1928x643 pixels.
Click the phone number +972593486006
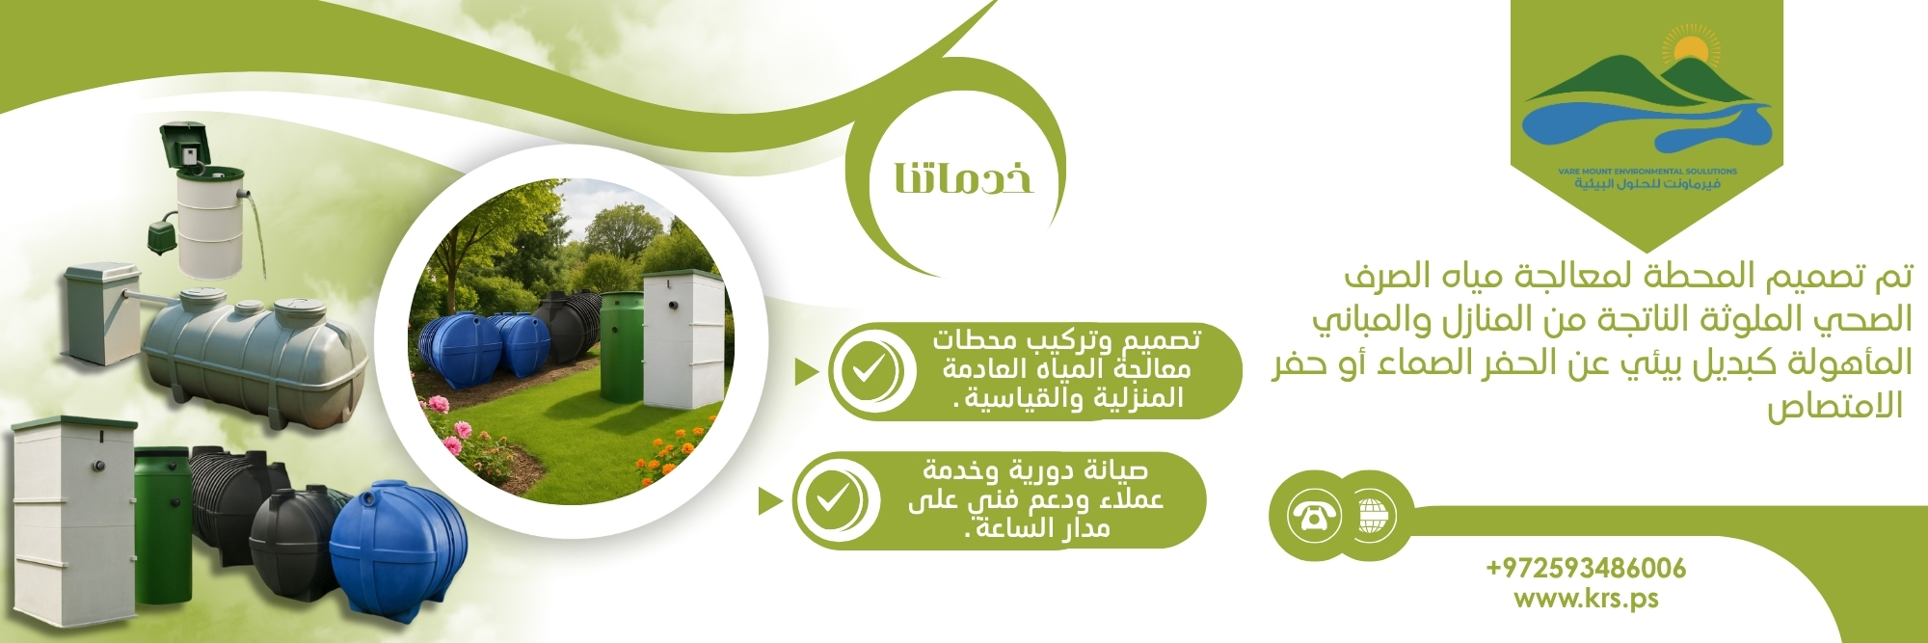pyautogui.click(x=1586, y=568)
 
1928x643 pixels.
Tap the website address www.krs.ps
pyautogui.click(x=1586, y=599)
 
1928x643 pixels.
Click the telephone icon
pyautogui.click(x=1314, y=516)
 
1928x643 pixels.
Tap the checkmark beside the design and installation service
pyautogui.click(x=867, y=371)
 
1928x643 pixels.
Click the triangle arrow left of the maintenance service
pyautogui.click(x=769, y=501)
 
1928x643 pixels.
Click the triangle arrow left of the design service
pyautogui.click(x=807, y=372)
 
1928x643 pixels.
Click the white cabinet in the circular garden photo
pyautogui.click(x=682, y=338)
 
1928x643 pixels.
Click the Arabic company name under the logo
pyautogui.click(x=1647, y=183)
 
